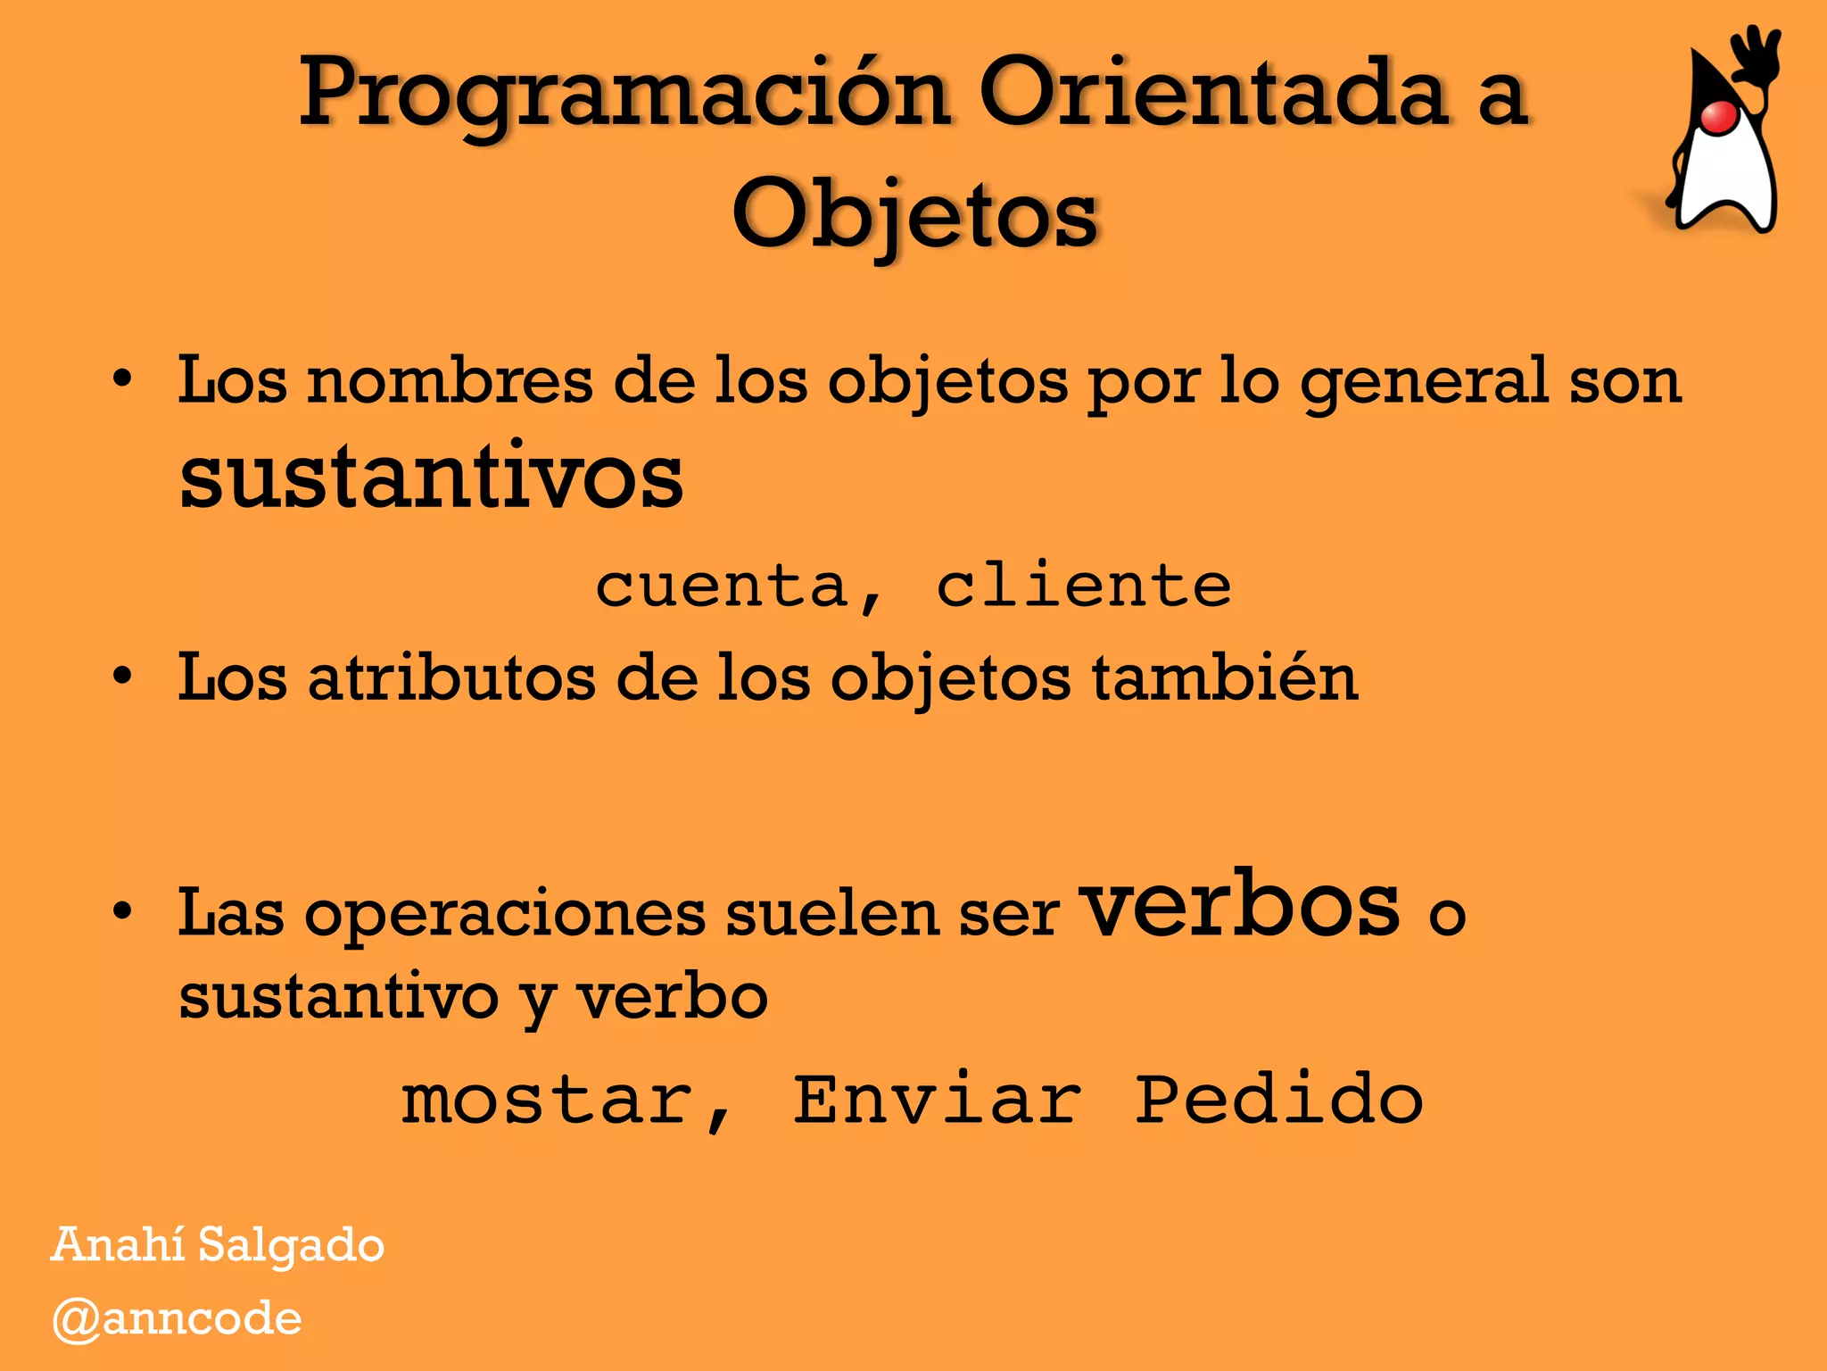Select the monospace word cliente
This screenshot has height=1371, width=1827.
(1084, 586)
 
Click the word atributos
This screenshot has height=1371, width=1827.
(451, 677)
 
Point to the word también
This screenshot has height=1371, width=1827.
(1225, 677)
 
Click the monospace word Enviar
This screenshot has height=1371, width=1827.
(938, 1100)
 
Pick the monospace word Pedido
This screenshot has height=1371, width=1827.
(1279, 1100)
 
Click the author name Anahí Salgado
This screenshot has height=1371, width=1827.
(218, 1245)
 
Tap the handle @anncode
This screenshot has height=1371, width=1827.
(177, 1319)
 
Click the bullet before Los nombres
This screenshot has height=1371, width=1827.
(122, 379)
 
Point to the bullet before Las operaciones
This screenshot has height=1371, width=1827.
(122, 911)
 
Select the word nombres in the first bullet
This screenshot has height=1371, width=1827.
(451, 381)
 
